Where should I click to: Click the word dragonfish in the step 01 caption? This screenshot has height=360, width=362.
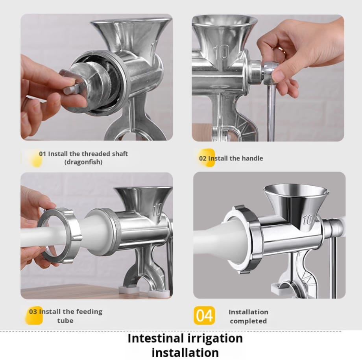(83, 162)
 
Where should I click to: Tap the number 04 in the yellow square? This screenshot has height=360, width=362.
(204, 316)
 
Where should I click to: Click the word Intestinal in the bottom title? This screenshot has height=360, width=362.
(156, 338)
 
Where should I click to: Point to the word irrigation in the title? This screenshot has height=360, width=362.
(215, 339)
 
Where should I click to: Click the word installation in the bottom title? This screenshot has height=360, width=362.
(185, 353)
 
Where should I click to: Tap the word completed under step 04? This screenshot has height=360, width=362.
(248, 321)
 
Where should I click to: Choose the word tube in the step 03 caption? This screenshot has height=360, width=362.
(65, 321)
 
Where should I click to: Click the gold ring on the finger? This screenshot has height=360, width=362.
(282, 50)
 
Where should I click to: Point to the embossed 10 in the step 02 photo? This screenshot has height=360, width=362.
(222, 52)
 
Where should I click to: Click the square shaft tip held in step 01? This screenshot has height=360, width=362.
(70, 89)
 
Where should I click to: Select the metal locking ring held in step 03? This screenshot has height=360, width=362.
(61, 235)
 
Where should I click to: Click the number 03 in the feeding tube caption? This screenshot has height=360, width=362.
(33, 312)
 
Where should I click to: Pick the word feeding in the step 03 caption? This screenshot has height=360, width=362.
(89, 312)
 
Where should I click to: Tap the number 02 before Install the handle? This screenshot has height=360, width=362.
(203, 159)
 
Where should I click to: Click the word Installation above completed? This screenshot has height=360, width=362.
(248, 312)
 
